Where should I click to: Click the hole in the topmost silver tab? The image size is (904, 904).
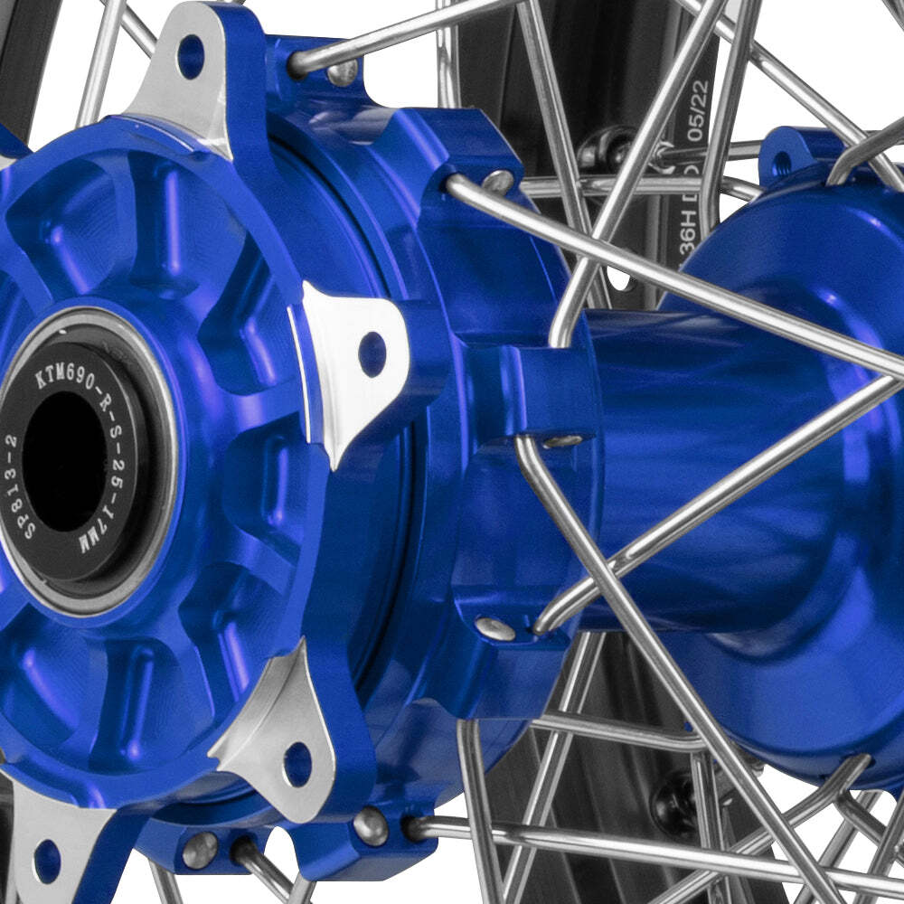click(x=190, y=56)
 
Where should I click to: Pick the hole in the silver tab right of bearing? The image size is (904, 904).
click(x=372, y=353)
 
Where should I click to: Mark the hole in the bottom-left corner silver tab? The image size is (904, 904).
click(x=46, y=860)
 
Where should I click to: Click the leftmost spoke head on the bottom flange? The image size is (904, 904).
click(x=200, y=850)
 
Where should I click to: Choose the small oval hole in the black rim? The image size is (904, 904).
click(x=620, y=277)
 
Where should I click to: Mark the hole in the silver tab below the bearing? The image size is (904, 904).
click(x=297, y=764)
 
